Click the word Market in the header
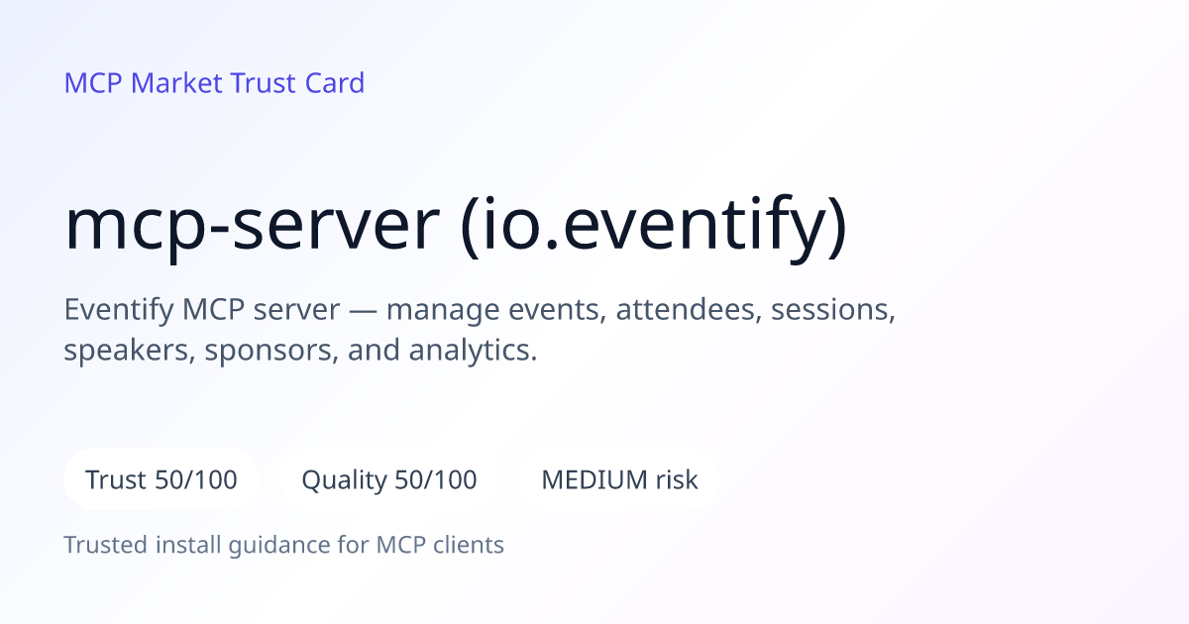click(176, 83)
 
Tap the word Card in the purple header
click(335, 83)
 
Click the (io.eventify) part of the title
click(654, 227)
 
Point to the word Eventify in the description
click(118, 310)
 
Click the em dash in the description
click(363, 310)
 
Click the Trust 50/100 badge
click(162, 479)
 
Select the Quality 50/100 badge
click(389, 479)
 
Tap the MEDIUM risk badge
click(619, 479)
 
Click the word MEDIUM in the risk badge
click(594, 479)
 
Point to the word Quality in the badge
click(345, 480)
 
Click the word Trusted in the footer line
click(106, 545)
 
